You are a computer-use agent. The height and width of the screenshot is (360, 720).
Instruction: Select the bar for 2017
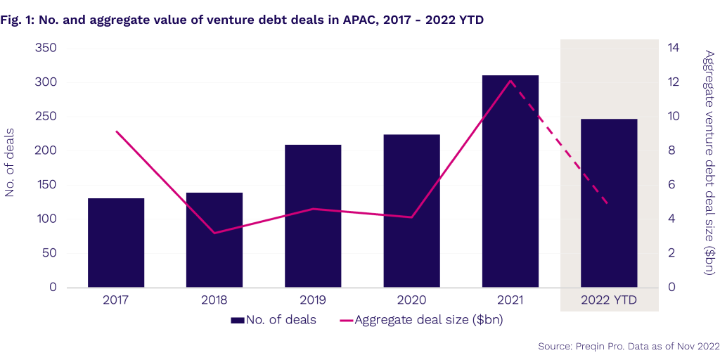pyautogui.click(x=116, y=243)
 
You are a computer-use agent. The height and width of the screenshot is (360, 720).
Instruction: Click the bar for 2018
pyautogui.click(x=214, y=240)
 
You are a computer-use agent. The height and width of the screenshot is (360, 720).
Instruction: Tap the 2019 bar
pyautogui.click(x=313, y=216)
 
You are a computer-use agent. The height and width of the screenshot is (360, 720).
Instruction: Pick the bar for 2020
pyautogui.click(x=411, y=211)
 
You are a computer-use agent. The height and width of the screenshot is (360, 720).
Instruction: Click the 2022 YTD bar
pyautogui.click(x=609, y=203)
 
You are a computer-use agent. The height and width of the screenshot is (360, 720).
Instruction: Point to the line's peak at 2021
pyautogui.click(x=510, y=80)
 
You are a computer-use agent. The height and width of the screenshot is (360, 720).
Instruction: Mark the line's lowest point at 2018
pyautogui.click(x=214, y=233)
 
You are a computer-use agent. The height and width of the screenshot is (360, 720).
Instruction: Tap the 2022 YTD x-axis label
pyautogui.click(x=609, y=301)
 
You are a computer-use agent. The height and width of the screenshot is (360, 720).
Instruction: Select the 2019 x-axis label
pyautogui.click(x=313, y=301)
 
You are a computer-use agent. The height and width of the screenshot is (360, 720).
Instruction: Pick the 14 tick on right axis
pyautogui.click(x=674, y=49)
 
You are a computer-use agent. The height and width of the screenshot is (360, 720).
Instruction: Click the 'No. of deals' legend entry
pyautogui.click(x=274, y=321)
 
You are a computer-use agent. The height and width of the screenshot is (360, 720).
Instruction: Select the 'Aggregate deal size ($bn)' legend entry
pyautogui.click(x=421, y=321)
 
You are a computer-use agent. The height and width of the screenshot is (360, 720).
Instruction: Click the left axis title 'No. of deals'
pyautogui.click(x=11, y=167)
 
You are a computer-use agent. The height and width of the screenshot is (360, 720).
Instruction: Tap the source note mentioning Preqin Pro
pyautogui.click(x=629, y=346)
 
